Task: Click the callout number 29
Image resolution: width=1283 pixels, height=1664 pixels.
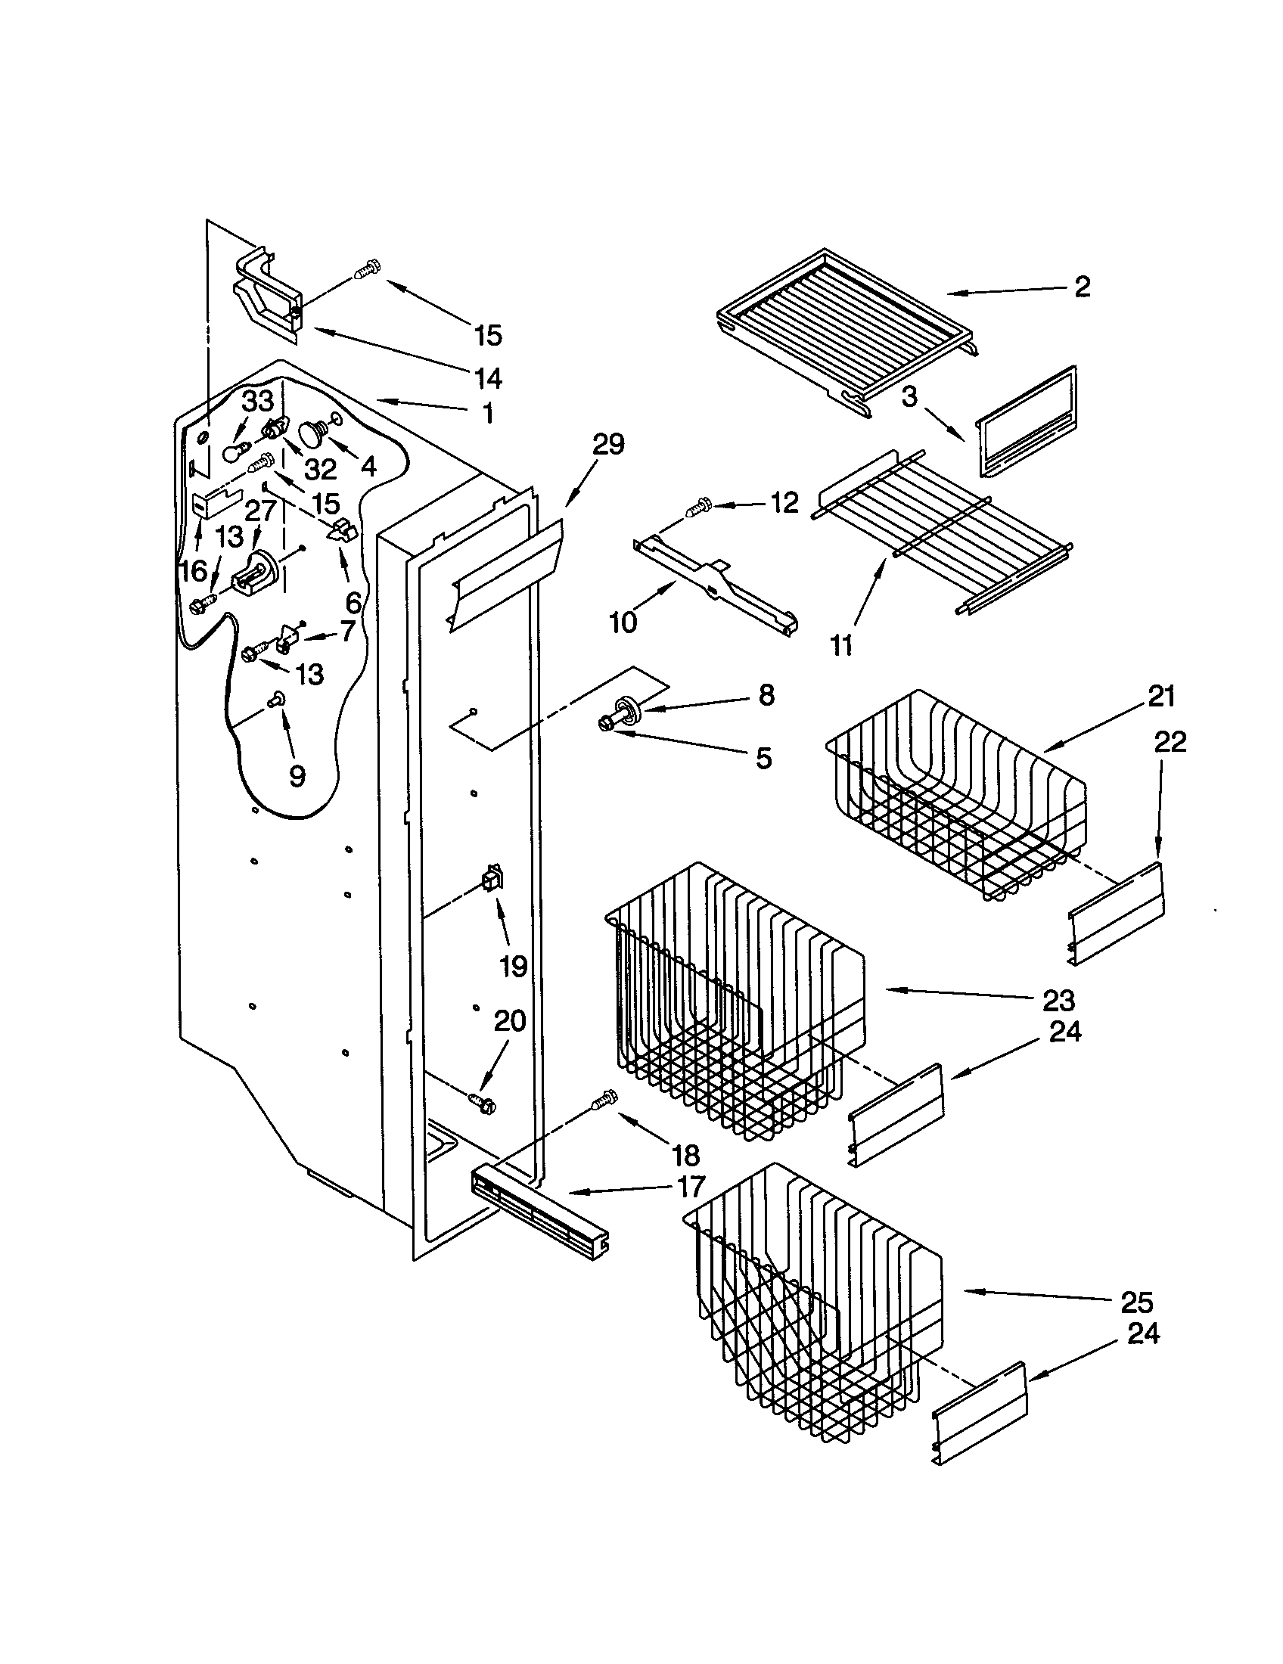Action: coord(608,445)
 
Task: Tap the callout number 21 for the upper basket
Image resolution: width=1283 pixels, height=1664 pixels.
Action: coord(1161,697)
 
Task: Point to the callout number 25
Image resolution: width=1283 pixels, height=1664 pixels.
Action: coord(1136,1302)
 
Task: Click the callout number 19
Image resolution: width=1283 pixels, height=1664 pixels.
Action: coord(514,967)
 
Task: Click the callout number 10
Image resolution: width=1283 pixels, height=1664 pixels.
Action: coord(623,622)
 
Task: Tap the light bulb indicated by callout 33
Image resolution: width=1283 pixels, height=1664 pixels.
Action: coord(235,452)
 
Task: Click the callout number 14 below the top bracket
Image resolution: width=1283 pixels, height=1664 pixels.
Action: coord(488,377)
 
